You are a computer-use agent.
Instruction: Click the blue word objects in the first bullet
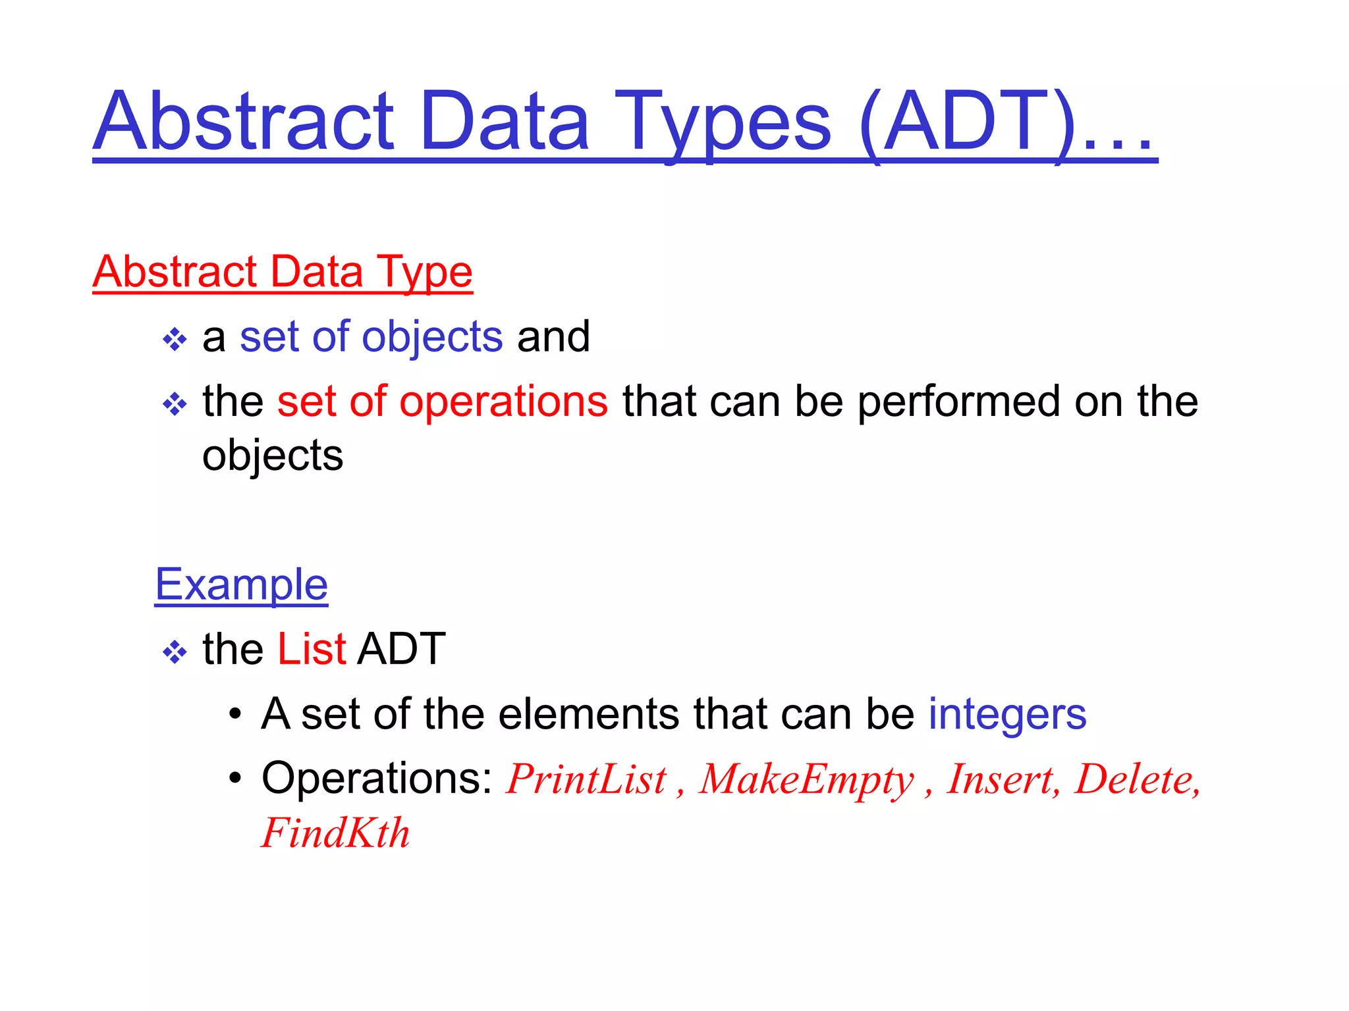point(432,337)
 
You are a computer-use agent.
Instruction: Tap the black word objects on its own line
point(273,455)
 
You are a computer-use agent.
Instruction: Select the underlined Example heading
point(241,584)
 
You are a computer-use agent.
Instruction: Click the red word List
point(312,649)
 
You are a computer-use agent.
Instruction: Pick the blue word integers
point(1007,714)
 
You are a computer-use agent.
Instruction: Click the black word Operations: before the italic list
point(377,779)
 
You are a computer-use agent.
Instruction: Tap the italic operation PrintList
point(586,780)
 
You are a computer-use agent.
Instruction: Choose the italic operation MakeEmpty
point(806,780)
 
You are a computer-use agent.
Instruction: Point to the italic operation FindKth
point(335,833)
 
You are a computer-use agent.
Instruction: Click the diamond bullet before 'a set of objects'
point(175,340)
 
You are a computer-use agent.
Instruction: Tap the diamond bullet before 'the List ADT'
point(175,652)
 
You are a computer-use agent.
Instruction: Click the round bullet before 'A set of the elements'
point(235,715)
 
